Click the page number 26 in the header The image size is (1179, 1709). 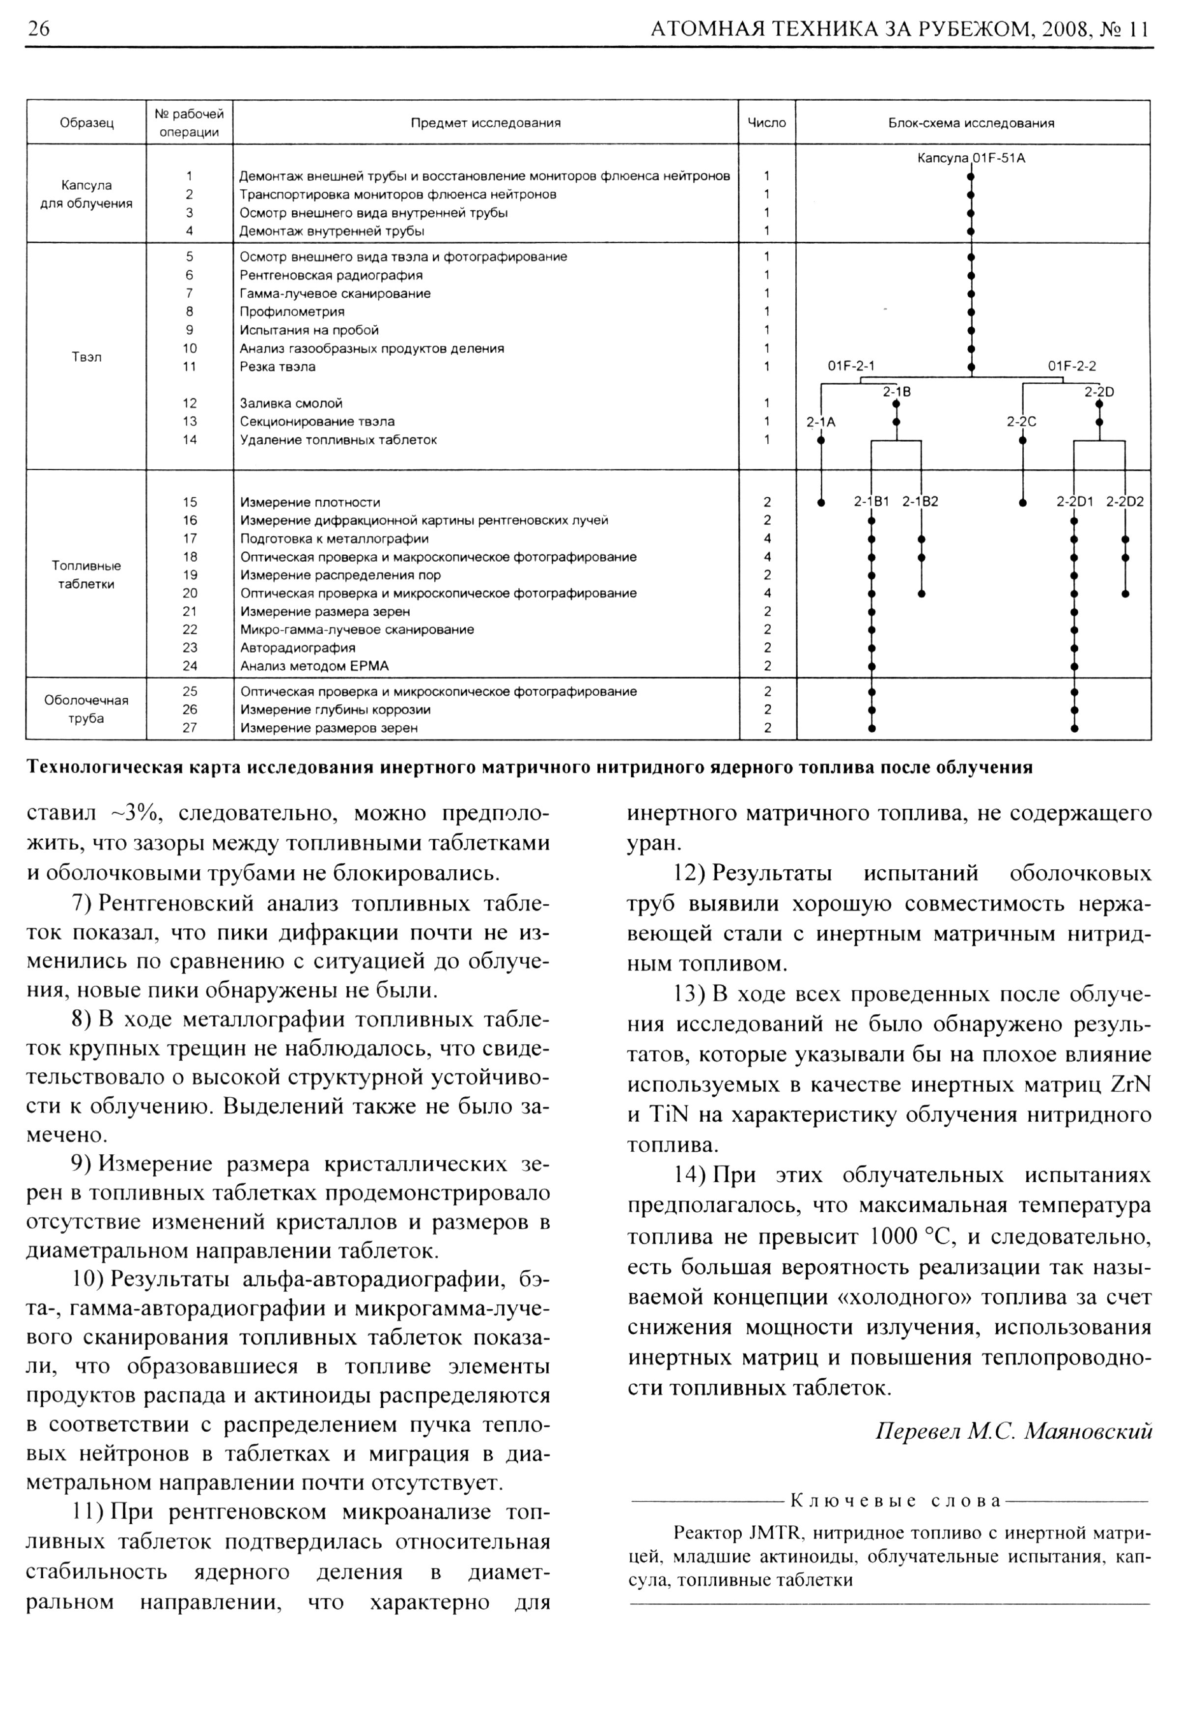pos(38,29)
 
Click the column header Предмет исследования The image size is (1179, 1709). pos(485,123)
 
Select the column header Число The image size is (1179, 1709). pos(767,123)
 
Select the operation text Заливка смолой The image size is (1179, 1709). pos(291,403)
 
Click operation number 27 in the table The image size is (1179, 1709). pos(190,728)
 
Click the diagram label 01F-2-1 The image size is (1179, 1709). pos(851,366)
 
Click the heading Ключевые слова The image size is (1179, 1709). pos(896,1501)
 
